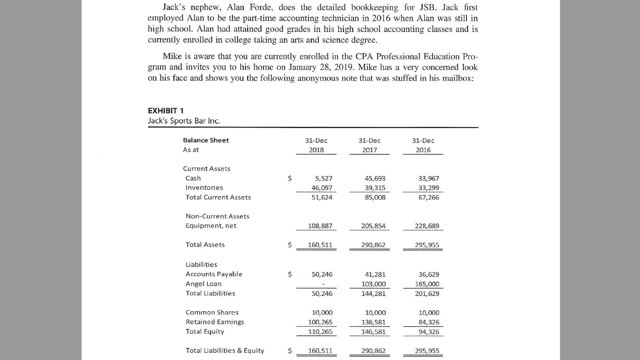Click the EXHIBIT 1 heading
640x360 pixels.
click(166, 111)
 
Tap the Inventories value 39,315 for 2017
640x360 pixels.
click(375, 188)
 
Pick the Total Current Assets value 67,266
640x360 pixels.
click(428, 198)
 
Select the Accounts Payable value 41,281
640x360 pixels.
click(375, 274)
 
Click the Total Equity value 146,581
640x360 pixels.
click(373, 332)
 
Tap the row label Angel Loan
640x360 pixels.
click(203, 284)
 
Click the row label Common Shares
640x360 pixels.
click(212, 313)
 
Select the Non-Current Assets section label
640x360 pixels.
click(217, 216)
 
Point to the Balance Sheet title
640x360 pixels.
click(206, 140)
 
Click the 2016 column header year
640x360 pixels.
click(423, 150)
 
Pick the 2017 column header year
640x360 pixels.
click(370, 150)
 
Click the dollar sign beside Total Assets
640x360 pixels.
click(290, 245)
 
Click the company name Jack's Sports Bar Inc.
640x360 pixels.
click(184, 121)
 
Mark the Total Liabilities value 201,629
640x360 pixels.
click(427, 294)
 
